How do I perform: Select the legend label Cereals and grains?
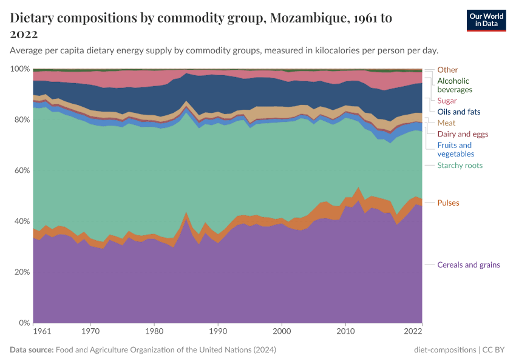tap(469, 265)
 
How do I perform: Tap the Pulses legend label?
tap(448, 203)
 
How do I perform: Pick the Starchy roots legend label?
tap(460, 166)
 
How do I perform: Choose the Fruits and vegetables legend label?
tap(455, 149)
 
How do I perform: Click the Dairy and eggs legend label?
tap(463, 134)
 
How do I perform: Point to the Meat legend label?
tap(446, 123)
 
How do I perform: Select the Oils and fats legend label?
tap(458, 112)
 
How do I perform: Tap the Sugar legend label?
tap(447, 101)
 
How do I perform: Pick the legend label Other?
tap(447, 70)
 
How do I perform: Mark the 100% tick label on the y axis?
tap(18, 69)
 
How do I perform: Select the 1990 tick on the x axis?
tap(218, 332)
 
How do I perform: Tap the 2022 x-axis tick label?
tap(413, 332)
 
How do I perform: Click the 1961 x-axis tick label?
tap(42, 332)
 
